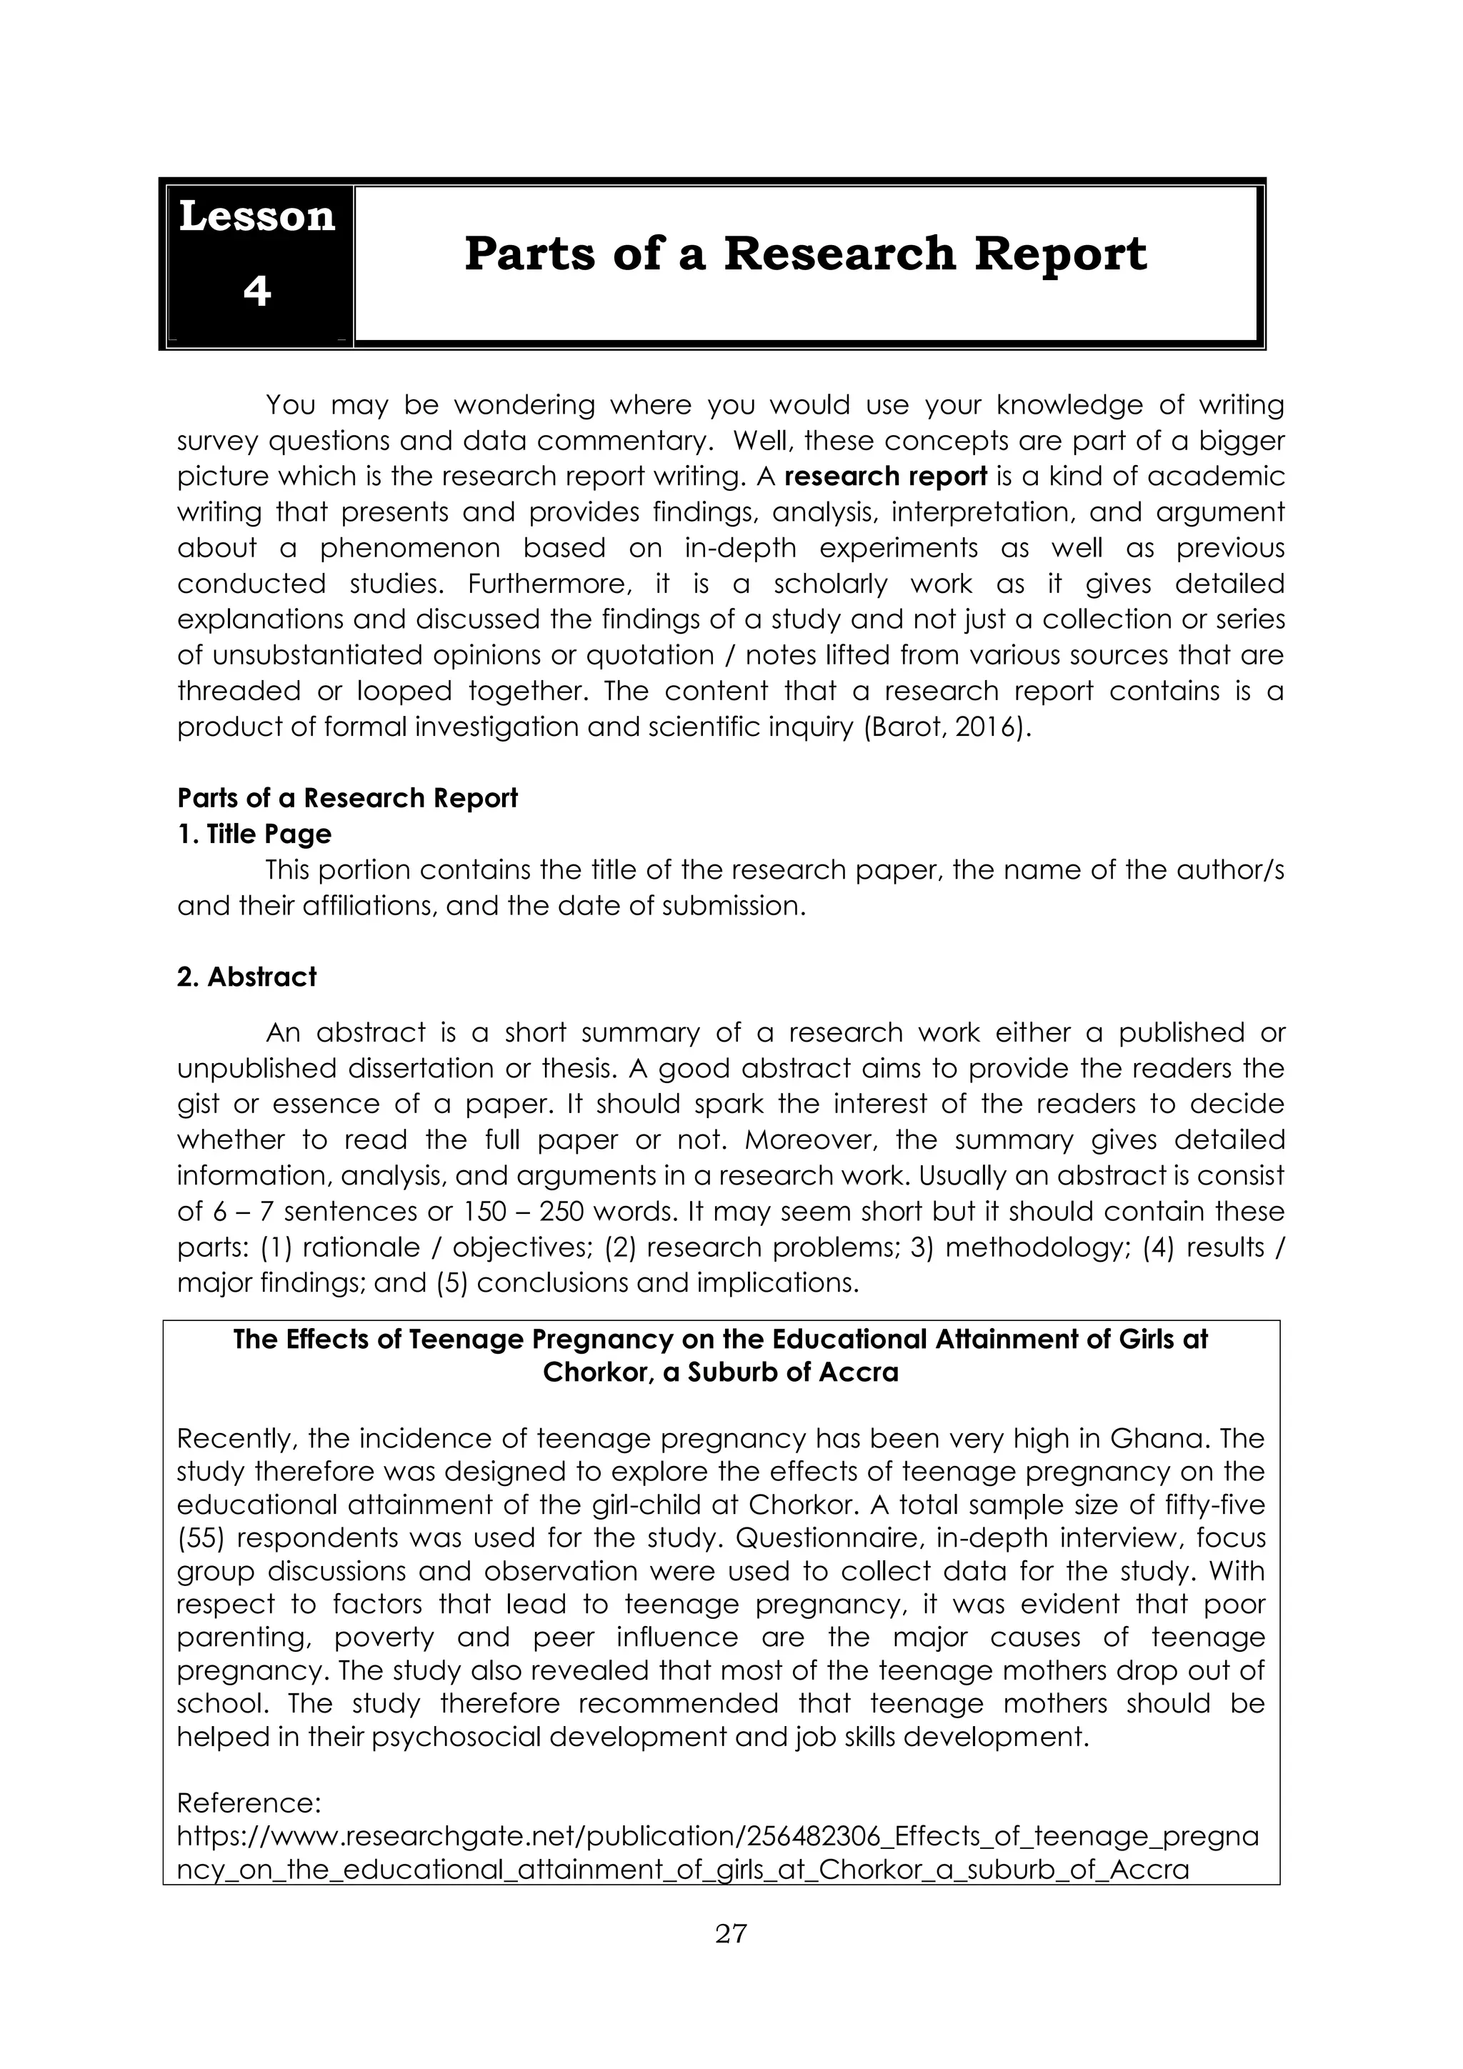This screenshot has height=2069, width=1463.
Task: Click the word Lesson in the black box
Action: pos(256,217)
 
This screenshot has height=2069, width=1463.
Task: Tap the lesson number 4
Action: pos(256,291)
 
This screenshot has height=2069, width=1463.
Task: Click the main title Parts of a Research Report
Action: pos(805,254)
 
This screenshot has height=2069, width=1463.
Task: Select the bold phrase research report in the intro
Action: pos(887,476)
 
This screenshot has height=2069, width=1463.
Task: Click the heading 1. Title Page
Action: pos(254,834)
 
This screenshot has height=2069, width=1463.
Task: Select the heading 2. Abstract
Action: pos(247,977)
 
